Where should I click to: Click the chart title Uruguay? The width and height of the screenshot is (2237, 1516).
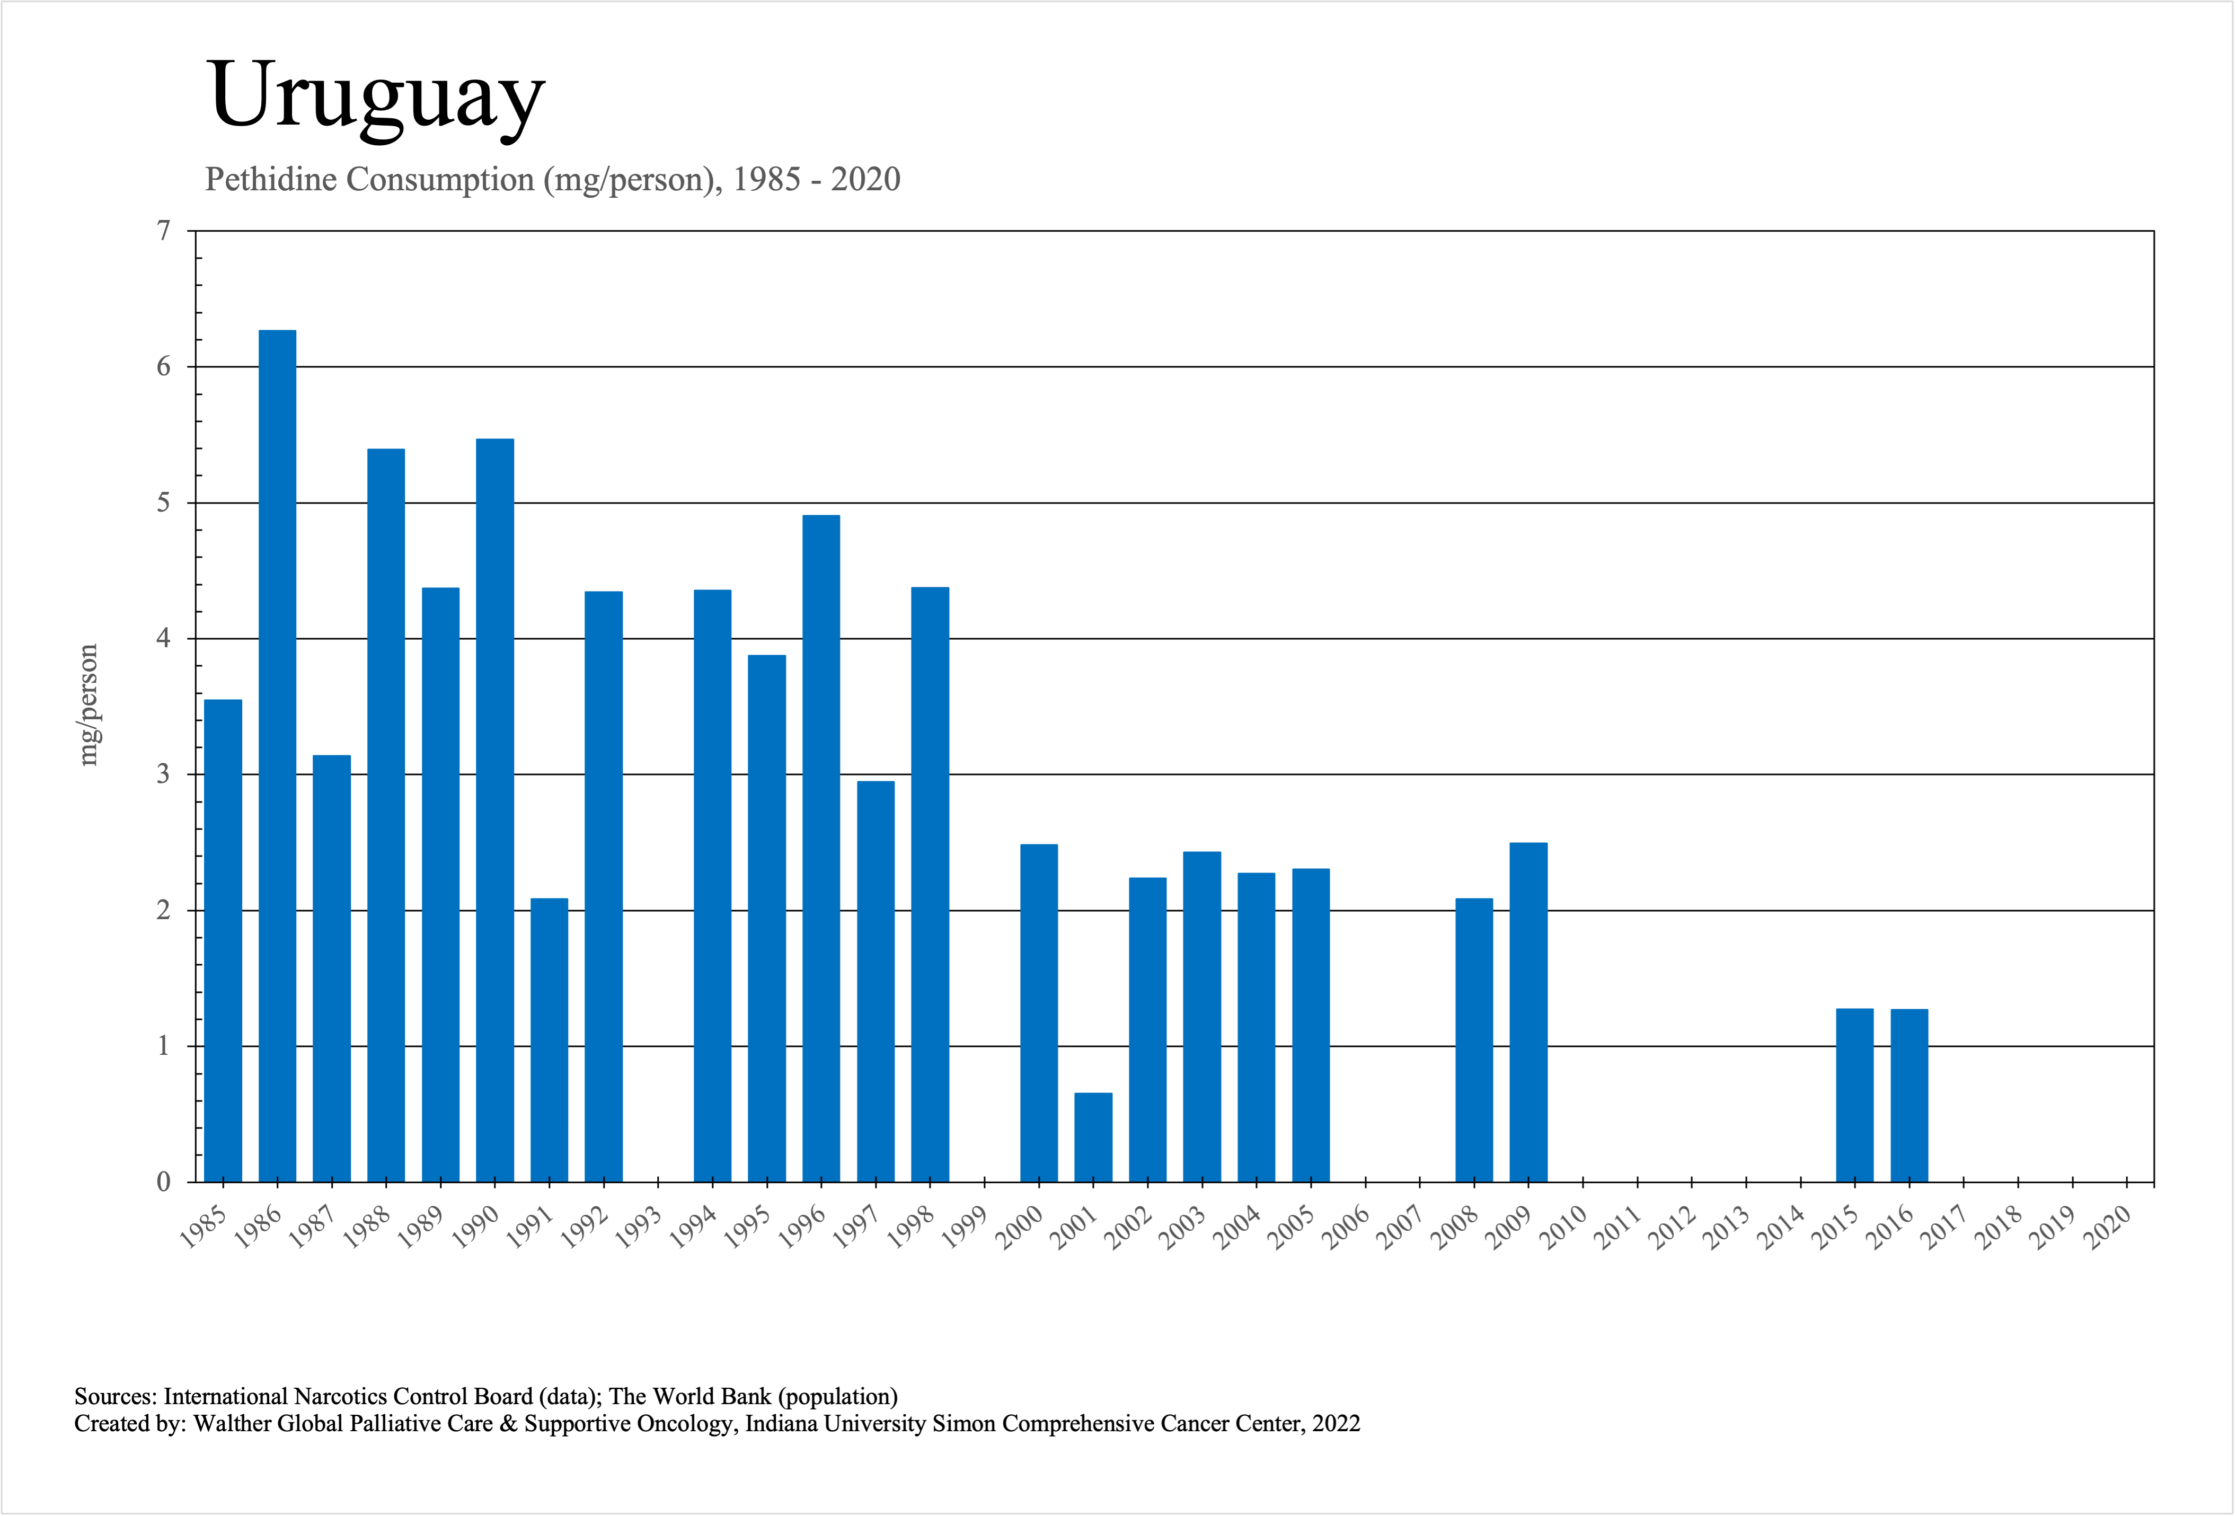click(375, 96)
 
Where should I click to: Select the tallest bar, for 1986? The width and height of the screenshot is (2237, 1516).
click(277, 755)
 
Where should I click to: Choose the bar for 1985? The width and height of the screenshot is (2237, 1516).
click(223, 940)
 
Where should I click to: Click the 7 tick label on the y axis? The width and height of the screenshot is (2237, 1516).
click(164, 231)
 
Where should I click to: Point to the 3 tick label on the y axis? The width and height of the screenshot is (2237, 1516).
click(164, 775)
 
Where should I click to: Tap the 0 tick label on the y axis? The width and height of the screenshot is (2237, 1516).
click(164, 1182)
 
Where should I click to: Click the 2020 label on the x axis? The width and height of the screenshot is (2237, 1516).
click(2107, 1227)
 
